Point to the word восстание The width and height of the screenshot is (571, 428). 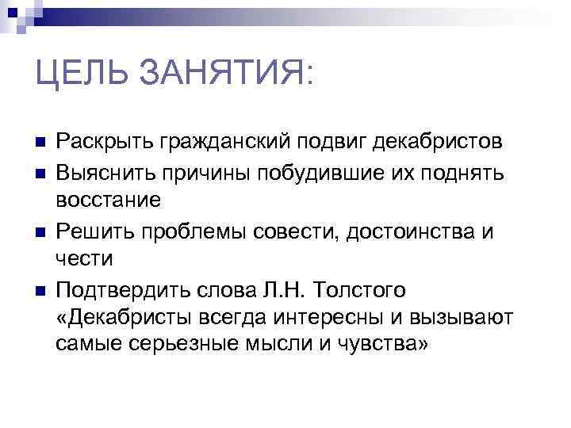109,201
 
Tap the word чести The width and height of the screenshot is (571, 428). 85,259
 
